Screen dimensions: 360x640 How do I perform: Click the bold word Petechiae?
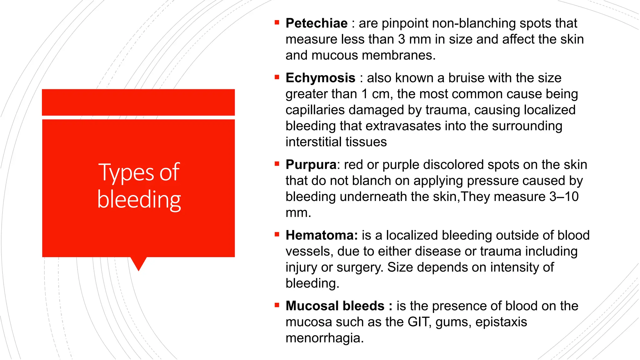pyautogui.click(x=316, y=23)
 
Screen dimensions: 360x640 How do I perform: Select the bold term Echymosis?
pyautogui.click(x=320, y=78)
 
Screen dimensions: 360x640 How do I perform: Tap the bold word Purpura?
pyautogui.click(x=311, y=165)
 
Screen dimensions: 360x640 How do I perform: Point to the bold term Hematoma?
pyautogui.click(x=322, y=235)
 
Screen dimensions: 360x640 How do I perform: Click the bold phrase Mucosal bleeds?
pyautogui.click(x=335, y=306)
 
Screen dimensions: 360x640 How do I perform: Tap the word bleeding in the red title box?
pyautogui.click(x=139, y=200)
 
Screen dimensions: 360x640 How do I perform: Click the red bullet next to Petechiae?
pyautogui.click(x=277, y=22)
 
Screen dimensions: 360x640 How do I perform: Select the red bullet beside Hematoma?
pyautogui.click(x=277, y=234)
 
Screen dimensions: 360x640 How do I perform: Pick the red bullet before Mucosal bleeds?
pyautogui.click(x=277, y=305)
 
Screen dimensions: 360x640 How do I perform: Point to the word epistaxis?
pyautogui.click(x=501, y=322)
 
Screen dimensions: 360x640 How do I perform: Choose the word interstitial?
pyautogui.click(x=316, y=142)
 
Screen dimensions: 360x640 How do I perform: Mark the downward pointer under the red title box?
pyautogui.click(x=138, y=263)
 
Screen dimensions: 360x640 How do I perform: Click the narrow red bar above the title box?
pyautogui.click(x=138, y=102)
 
